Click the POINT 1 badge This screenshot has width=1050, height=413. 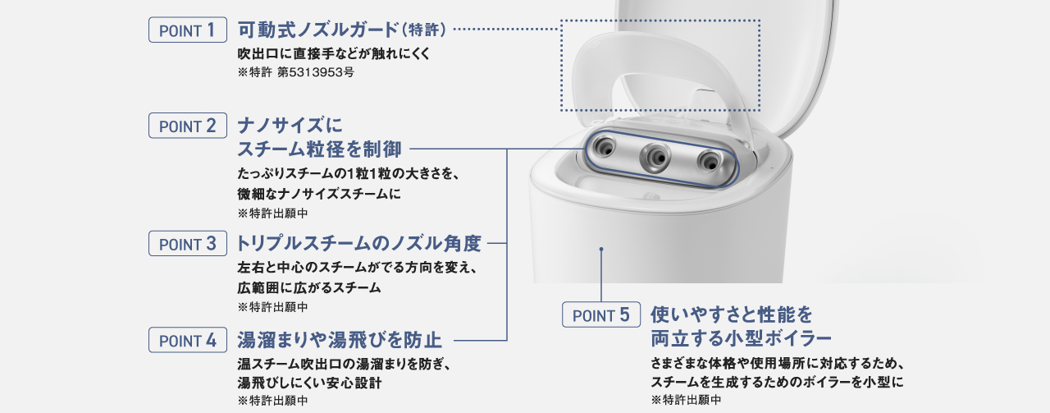[x=187, y=30]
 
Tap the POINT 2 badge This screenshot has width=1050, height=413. [x=187, y=126]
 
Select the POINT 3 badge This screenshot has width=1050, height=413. [x=187, y=244]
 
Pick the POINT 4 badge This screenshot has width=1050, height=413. [x=187, y=340]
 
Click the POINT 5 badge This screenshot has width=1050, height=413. [x=600, y=314]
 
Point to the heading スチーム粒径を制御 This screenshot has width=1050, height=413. [x=319, y=149]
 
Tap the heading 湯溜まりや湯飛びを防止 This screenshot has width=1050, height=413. [x=340, y=340]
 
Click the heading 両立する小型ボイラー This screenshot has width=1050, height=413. [x=741, y=337]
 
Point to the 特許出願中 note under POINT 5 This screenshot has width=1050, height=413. [x=686, y=400]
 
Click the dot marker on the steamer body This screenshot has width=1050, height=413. [x=601, y=247]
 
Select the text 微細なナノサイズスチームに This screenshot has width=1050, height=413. [x=319, y=194]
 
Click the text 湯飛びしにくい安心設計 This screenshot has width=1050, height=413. [x=309, y=383]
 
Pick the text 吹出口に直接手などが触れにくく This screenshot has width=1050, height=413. [x=333, y=54]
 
